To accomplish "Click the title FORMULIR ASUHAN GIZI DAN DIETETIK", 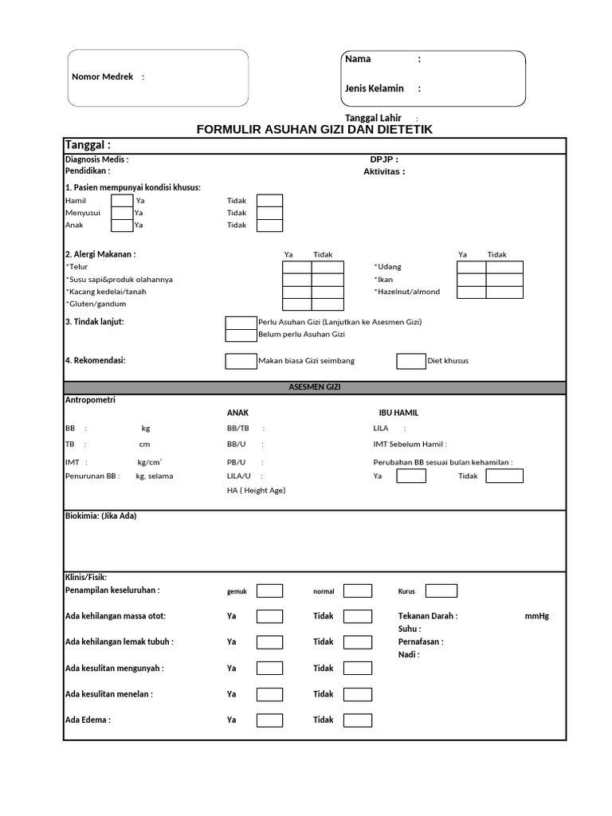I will pyautogui.click(x=315, y=129).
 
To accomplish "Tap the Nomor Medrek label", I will pyautogui.click(x=103, y=76).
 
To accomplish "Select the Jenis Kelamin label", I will pyautogui.click(x=375, y=88).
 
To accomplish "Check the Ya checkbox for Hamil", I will pyautogui.click(x=122, y=201).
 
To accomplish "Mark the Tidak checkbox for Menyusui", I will pyautogui.click(x=269, y=213).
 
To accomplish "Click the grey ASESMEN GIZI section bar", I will pyautogui.click(x=315, y=387).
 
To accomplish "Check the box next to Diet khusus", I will pyautogui.click(x=410, y=361).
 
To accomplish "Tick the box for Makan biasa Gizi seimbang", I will pyautogui.click(x=241, y=361).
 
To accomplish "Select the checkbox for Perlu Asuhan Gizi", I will pyautogui.click(x=241, y=323).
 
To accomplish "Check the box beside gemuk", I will pyautogui.click(x=269, y=591).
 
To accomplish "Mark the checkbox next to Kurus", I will pyautogui.click(x=441, y=591).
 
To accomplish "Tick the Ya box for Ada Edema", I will pyautogui.click(x=269, y=720).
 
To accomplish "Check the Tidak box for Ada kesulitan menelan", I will pyautogui.click(x=358, y=694).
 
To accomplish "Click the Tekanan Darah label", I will pyautogui.click(x=428, y=616).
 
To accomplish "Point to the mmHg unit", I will pyautogui.click(x=537, y=616).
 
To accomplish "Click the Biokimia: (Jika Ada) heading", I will pyautogui.click(x=100, y=516).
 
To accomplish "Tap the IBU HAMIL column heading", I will pyautogui.click(x=398, y=413).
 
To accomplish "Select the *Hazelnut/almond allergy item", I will pyautogui.click(x=407, y=292).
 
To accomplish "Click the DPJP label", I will pyautogui.click(x=383, y=159).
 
